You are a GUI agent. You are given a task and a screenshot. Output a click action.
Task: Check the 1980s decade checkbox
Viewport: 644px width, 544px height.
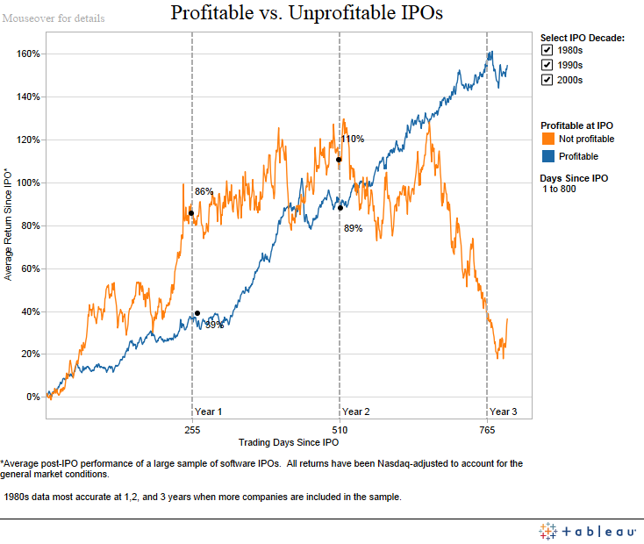[x=547, y=51]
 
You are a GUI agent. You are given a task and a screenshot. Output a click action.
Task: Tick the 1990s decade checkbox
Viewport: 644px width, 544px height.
[x=547, y=65]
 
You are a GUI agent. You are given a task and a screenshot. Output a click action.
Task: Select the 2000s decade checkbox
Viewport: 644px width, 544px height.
[x=547, y=80]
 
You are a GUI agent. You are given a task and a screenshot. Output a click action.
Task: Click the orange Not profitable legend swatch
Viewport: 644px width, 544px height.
[x=547, y=139]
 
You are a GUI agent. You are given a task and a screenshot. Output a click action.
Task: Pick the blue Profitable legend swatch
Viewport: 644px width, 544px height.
[x=547, y=156]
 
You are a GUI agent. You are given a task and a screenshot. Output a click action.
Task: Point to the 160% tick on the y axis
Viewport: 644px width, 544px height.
[x=28, y=54]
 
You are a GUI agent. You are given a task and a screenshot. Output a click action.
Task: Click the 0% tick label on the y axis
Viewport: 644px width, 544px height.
[x=32, y=397]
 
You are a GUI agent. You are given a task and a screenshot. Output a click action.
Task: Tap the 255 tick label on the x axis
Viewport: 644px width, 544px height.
[x=192, y=430]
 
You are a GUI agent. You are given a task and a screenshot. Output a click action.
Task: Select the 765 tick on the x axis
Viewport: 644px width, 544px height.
[x=487, y=430]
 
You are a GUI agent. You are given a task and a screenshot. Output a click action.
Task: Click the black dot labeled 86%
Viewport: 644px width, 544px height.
[x=190, y=213]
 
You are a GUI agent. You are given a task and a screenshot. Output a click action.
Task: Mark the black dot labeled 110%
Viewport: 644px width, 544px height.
[x=338, y=160]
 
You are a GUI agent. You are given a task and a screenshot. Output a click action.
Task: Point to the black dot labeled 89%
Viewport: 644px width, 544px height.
[x=340, y=208]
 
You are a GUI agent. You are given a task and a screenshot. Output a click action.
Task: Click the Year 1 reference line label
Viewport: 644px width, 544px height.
[x=208, y=412]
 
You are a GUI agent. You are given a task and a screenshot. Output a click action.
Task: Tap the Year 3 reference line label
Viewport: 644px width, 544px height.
[x=503, y=412]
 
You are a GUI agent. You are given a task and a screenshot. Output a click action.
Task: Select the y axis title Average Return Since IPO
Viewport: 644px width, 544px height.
[x=9, y=224]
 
